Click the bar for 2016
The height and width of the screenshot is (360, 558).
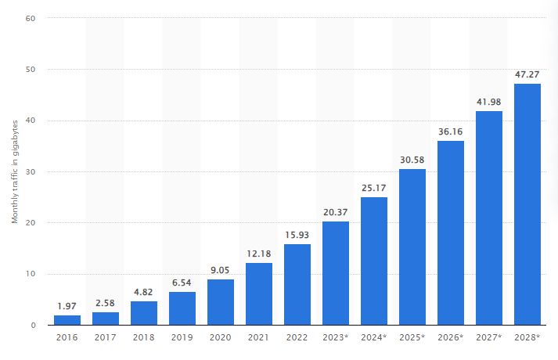click(67, 319)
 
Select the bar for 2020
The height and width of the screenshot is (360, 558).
click(220, 301)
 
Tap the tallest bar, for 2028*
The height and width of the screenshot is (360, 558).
click(527, 203)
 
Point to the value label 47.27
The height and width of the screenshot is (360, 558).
click(527, 74)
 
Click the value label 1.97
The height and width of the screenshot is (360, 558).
click(67, 306)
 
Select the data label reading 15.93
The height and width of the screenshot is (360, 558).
click(297, 236)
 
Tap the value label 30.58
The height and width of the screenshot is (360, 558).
click(412, 160)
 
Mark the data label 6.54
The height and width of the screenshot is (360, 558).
click(182, 283)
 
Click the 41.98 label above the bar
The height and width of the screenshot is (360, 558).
click(488, 102)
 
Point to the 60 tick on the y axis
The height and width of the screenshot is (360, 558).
click(30, 18)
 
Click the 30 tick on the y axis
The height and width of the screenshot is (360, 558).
click(30, 171)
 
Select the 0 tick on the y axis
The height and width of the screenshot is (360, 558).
click(32, 325)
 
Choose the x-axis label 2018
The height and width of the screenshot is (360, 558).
click(143, 338)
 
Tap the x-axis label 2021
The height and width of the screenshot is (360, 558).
click(258, 338)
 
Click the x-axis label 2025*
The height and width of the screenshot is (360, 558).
click(412, 338)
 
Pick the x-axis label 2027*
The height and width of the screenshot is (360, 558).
click(489, 338)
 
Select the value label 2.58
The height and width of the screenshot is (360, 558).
click(105, 303)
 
